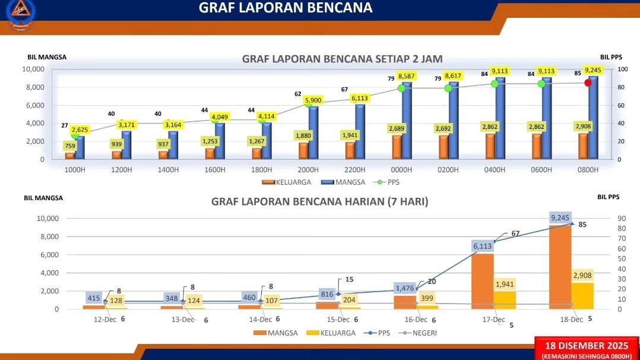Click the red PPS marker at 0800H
click(x=588, y=83)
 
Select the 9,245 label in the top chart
click(x=593, y=70)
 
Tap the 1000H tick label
click(x=75, y=169)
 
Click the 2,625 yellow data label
click(x=80, y=130)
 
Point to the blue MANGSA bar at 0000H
click(x=407, y=120)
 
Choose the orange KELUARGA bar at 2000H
click(x=303, y=150)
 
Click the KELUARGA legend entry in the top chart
click(x=287, y=182)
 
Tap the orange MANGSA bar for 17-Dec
click(x=483, y=282)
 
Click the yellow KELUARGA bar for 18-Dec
click(x=582, y=296)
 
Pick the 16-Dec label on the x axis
click(x=416, y=320)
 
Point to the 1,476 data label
click(x=405, y=288)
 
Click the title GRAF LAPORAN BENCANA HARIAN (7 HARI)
click(x=319, y=201)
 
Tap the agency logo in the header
click(x=20, y=12)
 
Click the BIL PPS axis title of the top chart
click(x=611, y=57)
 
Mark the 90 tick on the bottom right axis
click(x=622, y=219)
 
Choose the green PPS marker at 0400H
click(x=495, y=84)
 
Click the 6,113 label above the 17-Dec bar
click(x=483, y=246)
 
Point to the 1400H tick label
click(x=168, y=169)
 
